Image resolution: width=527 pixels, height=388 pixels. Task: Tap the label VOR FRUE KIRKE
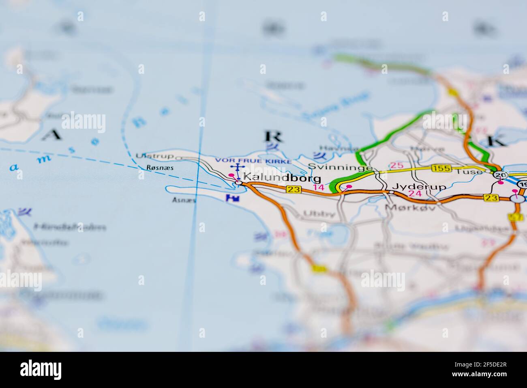point(253,161)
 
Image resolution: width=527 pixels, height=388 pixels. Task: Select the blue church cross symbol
point(237,168)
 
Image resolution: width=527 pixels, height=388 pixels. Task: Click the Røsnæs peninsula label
point(155,168)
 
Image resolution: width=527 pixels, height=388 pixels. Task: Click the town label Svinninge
point(340,167)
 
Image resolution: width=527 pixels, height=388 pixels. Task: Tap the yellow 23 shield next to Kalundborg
point(293,189)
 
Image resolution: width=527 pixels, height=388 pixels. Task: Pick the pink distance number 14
point(319,187)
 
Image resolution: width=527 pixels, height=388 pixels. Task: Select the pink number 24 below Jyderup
point(415,194)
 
